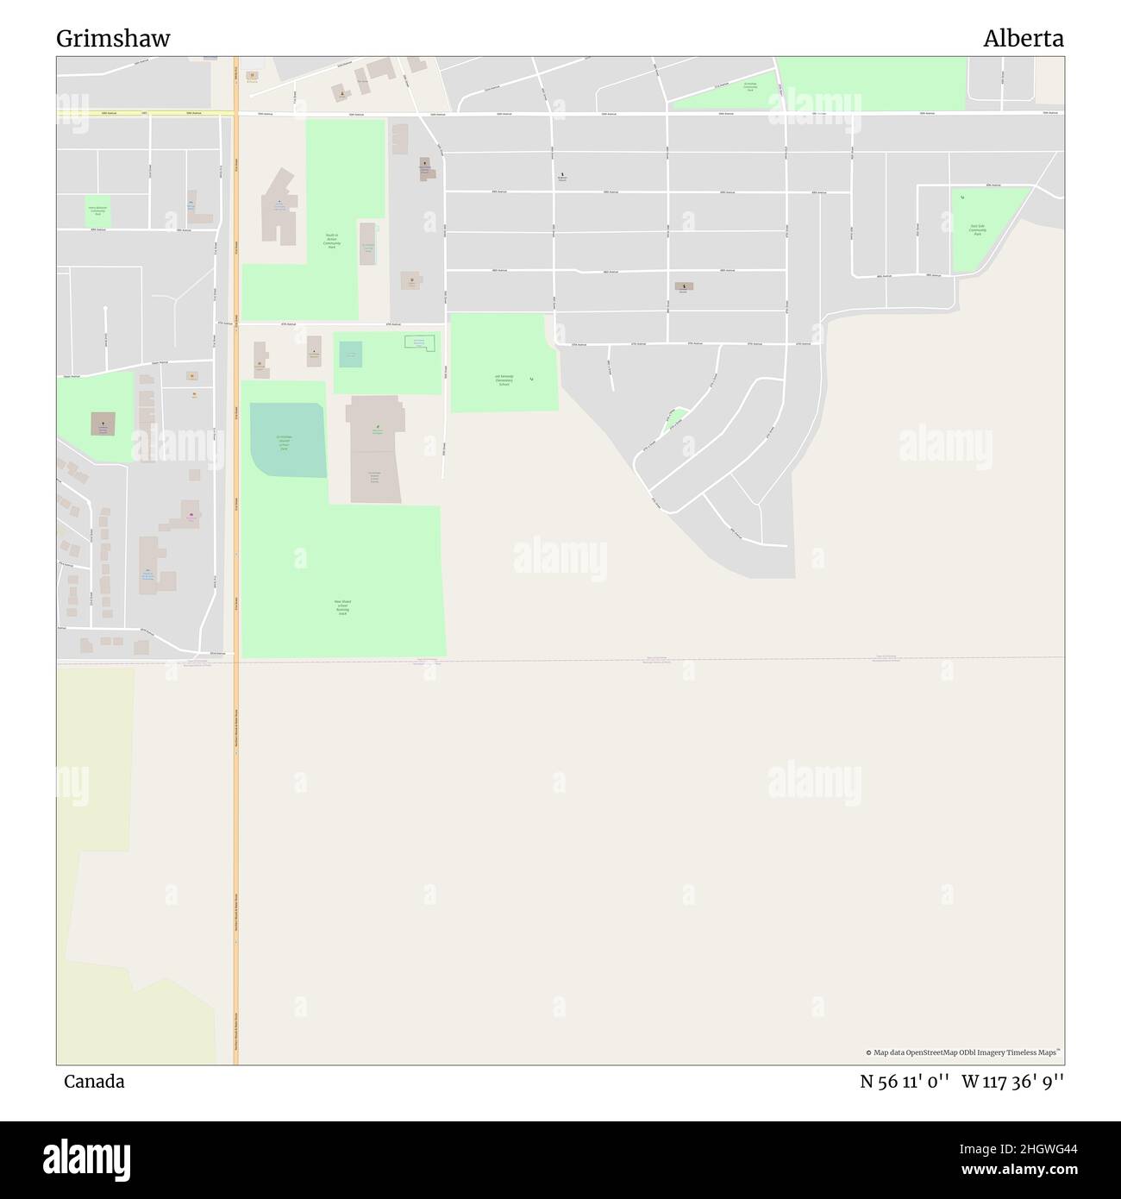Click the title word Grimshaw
tap(113, 39)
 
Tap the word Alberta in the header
tap(1024, 39)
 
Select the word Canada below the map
tap(94, 1082)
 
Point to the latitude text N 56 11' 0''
tap(905, 1082)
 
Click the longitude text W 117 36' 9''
tap(1012, 1082)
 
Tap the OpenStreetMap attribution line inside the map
tap(962, 1052)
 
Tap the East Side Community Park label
tap(977, 230)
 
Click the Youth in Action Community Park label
tap(332, 241)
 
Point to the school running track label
tap(342, 607)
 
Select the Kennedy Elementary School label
tap(504, 380)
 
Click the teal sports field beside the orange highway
tap(287, 441)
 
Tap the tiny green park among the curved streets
tap(675, 420)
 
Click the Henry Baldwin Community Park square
tap(97, 211)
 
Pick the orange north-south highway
tap(235, 776)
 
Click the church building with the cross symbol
tap(103, 424)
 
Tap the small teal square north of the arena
tap(351, 355)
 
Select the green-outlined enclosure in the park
tap(420, 342)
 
